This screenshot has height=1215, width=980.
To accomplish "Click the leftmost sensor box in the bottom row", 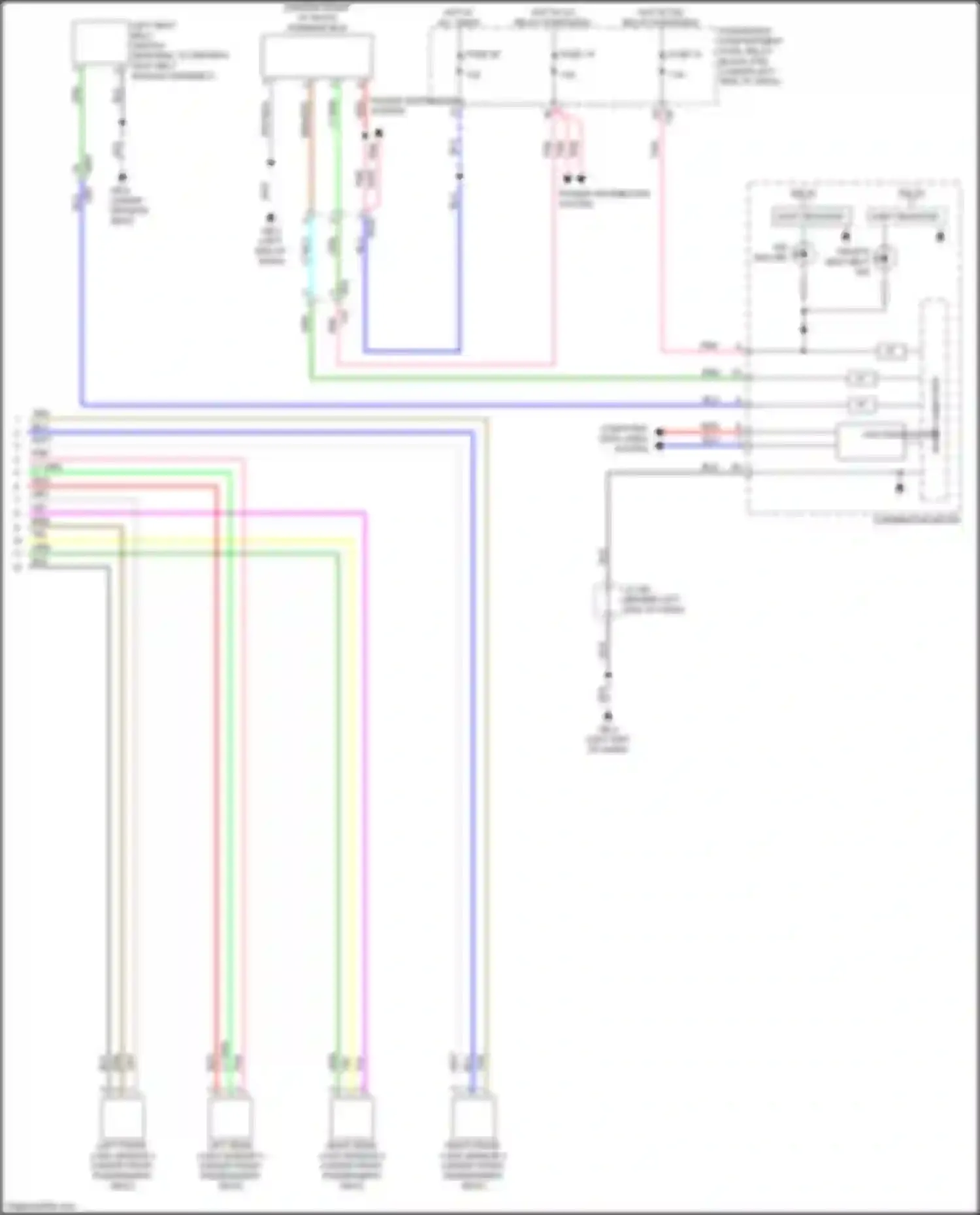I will tap(122, 1118).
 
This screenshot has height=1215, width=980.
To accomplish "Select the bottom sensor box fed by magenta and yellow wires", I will tap(352, 1118).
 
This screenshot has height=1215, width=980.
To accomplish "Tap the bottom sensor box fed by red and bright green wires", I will tap(230, 1118).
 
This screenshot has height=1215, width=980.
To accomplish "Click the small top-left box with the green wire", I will tap(99, 43).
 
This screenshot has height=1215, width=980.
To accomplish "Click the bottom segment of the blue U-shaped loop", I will tap(412, 351).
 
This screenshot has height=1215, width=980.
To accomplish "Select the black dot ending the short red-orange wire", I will tap(660, 432).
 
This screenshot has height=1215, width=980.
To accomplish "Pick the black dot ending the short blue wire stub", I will tap(660, 446).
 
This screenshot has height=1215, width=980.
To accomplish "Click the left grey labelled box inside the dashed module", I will tap(810, 216).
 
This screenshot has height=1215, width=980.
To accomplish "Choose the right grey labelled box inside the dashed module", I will tap(905, 216).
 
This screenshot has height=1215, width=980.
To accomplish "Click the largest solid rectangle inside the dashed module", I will tap(871, 442).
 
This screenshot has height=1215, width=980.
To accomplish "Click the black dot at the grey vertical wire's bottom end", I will tap(608, 716).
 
